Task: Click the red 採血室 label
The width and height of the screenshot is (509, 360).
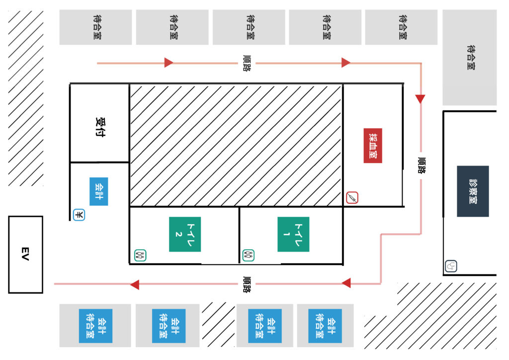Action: tap(373, 145)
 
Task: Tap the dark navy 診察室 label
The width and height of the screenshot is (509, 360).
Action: tap(473, 191)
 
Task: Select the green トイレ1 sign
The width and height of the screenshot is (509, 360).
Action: tap(293, 234)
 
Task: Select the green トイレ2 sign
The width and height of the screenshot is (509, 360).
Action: tap(185, 234)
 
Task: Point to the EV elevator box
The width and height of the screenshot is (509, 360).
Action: tap(26, 255)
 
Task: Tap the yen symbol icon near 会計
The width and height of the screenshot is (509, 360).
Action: tap(79, 215)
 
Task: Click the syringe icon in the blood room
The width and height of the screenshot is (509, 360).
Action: tap(352, 197)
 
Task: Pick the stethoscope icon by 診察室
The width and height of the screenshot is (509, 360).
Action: tap(451, 266)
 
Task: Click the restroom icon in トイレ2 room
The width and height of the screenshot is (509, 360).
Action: tap(140, 255)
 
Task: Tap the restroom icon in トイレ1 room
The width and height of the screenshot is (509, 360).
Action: tap(249, 255)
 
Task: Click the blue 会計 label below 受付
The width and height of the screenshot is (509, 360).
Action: tap(99, 191)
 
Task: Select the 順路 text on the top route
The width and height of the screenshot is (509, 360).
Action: tap(247, 63)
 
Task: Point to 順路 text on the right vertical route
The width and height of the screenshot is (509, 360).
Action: tap(422, 166)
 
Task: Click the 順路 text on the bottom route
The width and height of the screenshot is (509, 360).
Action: tap(247, 284)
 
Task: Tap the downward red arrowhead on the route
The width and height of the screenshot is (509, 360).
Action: tap(421, 99)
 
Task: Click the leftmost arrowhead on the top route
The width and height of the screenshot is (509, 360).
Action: tap(169, 63)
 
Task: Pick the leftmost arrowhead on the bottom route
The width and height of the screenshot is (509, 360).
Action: tap(135, 284)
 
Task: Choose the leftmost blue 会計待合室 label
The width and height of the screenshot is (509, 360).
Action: tap(96, 326)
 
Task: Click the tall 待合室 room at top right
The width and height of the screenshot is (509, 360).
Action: tap(469, 58)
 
